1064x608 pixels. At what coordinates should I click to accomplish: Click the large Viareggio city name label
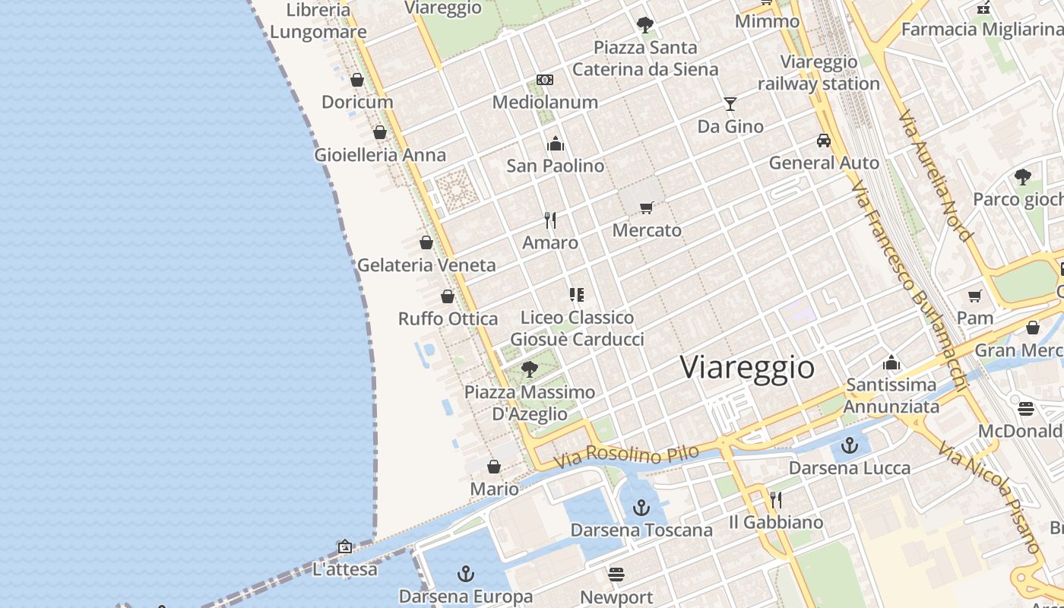click(x=747, y=367)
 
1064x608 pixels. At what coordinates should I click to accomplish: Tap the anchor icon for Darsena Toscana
click(x=642, y=507)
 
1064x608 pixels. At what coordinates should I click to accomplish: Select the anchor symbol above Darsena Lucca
click(x=850, y=445)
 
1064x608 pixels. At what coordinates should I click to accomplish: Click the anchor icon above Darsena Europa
click(x=465, y=574)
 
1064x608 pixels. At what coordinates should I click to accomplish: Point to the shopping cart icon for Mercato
click(x=647, y=207)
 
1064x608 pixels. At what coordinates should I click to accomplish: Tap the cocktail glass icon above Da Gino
click(x=730, y=103)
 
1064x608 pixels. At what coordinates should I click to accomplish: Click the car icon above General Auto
click(x=824, y=141)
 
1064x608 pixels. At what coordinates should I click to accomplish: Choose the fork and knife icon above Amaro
click(x=550, y=220)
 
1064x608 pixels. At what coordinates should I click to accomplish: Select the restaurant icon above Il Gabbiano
click(x=775, y=499)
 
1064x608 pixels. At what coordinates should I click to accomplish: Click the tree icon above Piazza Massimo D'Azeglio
click(x=530, y=369)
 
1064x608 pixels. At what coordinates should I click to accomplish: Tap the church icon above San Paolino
click(x=556, y=144)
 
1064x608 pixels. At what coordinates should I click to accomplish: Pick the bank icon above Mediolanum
click(x=545, y=80)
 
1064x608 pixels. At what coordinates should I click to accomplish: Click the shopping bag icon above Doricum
click(x=357, y=79)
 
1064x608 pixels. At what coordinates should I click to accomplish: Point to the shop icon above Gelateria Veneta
click(x=426, y=242)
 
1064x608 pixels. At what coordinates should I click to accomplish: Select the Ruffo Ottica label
click(x=448, y=318)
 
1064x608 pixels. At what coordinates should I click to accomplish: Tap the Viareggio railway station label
click(x=819, y=73)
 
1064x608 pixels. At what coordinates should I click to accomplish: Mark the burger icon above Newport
click(x=616, y=574)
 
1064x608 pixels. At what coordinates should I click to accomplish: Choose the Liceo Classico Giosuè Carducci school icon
click(x=577, y=294)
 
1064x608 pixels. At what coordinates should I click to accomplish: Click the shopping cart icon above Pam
click(x=975, y=296)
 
